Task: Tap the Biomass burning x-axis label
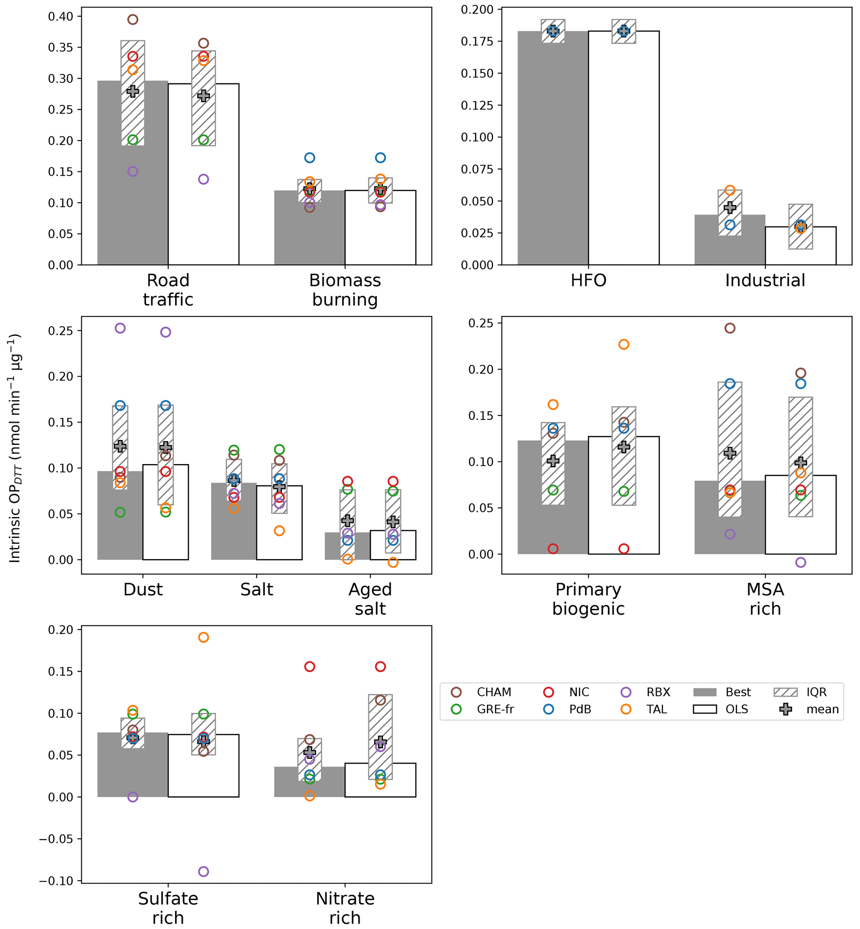click(x=345, y=290)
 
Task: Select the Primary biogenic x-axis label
click(x=588, y=599)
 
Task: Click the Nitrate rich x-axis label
click(x=345, y=908)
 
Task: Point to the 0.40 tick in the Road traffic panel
click(x=60, y=17)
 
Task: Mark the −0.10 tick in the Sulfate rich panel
click(x=56, y=881)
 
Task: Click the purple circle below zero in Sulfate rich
click(x=203, y=871)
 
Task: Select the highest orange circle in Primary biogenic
click(x=624, y=344)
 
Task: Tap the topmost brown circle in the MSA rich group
click(x=730, y=328)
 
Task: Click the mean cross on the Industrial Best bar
click(x=730, y=208)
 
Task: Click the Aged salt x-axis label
click(x=370, y=599)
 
